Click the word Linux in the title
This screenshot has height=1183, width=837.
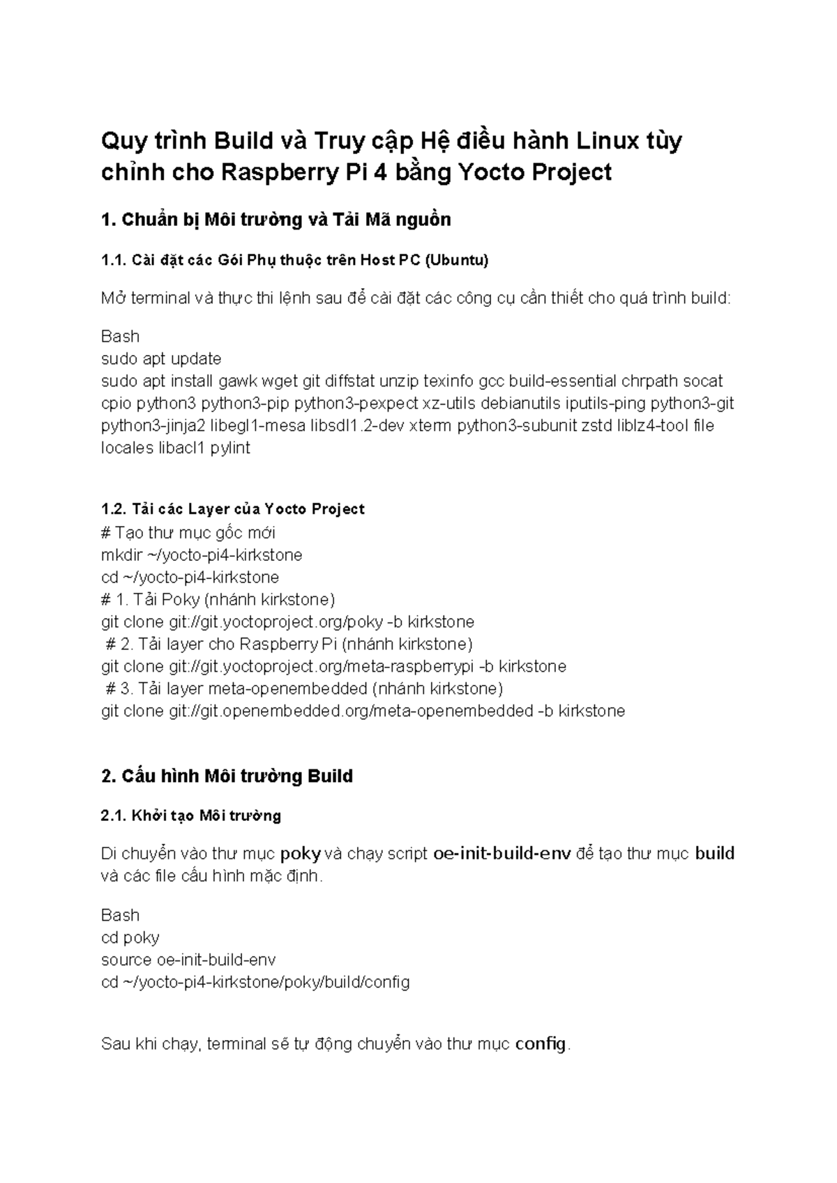coord(607,141)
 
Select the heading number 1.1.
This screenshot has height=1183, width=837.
coord(114,260)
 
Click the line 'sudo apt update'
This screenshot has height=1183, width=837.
coord(161,359)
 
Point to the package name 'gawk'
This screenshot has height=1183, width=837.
coord(238,381)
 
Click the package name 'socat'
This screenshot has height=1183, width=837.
coord(702,381)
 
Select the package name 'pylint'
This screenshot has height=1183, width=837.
coord(229,448)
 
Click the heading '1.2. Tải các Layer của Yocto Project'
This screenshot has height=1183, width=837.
coord(233,509)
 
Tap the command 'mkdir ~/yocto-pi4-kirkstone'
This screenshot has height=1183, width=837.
coord(202,555)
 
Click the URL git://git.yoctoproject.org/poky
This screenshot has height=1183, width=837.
coord(276,621)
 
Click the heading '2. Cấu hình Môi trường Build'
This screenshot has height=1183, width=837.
coord(227,776)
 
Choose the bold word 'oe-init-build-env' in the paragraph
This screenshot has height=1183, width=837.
coord(502,854)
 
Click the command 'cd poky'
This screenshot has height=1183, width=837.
coord(130,937)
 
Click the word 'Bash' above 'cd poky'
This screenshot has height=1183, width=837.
coord(120,915)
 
